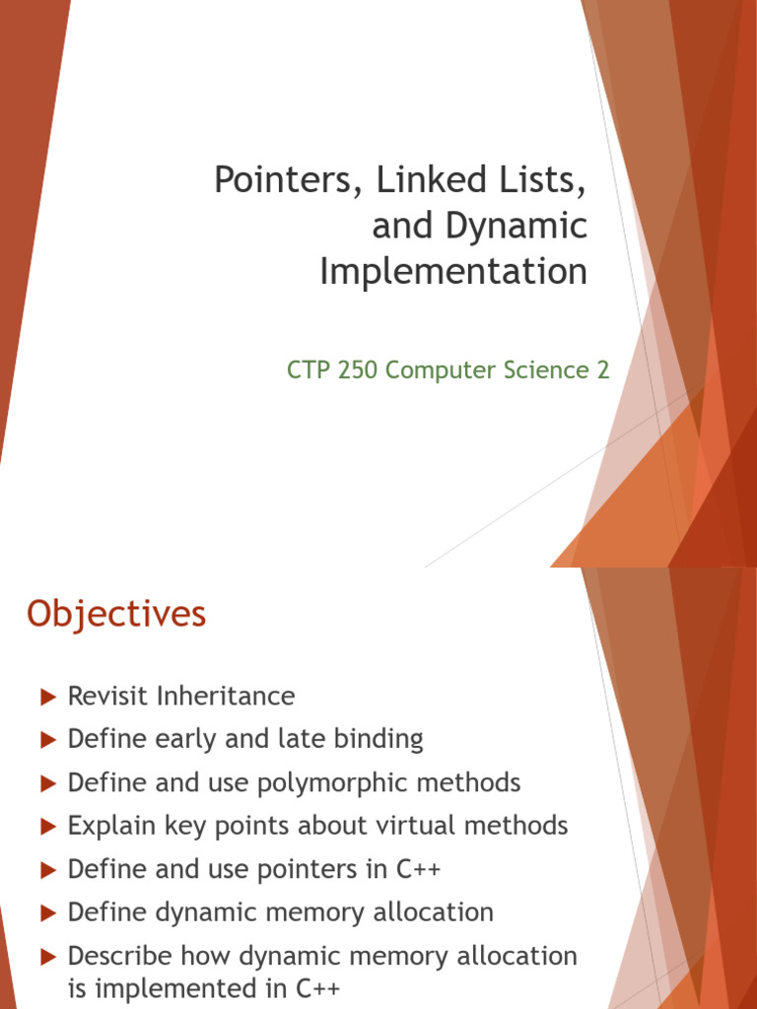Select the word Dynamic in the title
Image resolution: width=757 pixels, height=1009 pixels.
516,226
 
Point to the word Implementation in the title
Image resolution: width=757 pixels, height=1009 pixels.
453,271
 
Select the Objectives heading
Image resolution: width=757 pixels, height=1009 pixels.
116,614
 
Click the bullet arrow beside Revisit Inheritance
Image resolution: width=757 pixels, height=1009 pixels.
47,697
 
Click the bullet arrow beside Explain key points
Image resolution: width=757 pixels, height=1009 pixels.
47,827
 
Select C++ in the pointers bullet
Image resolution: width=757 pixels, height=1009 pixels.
413,869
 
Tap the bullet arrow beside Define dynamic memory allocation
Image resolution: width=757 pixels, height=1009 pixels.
47,913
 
